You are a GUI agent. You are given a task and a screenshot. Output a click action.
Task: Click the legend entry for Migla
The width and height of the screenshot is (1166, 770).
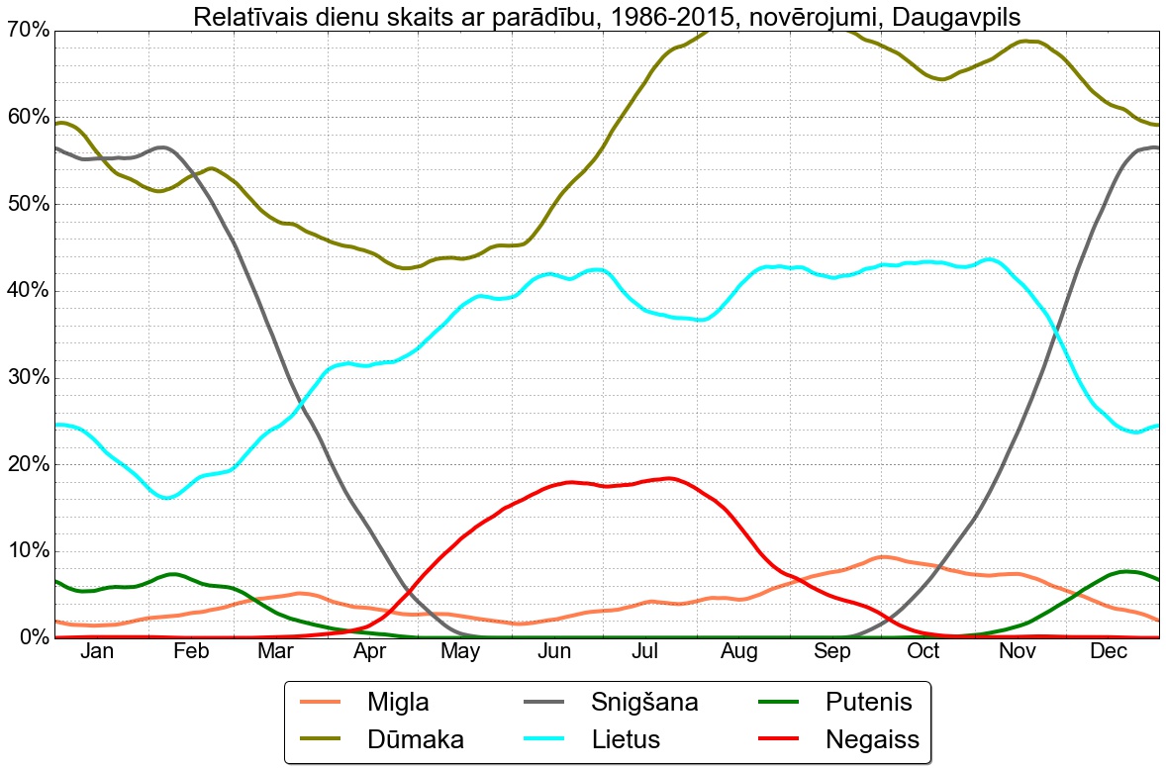[398, 703]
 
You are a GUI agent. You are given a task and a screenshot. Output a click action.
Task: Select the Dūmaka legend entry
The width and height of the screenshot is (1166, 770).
[415, 739]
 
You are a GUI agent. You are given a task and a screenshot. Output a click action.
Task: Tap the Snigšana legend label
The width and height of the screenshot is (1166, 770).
[644, 703]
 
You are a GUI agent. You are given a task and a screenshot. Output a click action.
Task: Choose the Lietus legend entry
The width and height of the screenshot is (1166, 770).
[626, 739]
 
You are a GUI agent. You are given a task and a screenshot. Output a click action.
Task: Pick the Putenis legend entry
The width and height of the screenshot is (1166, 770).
[868, 703]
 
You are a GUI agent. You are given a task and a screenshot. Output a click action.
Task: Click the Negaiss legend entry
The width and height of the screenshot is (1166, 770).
[872, 739]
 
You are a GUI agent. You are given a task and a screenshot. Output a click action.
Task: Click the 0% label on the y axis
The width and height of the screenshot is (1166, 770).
[32, 637]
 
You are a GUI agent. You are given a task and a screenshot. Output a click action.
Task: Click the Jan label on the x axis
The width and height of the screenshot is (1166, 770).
[97, 651]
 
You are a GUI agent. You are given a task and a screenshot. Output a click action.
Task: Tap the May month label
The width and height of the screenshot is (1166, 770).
[461, 651]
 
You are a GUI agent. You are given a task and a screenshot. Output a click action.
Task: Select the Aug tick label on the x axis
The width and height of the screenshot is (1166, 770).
[739, 651]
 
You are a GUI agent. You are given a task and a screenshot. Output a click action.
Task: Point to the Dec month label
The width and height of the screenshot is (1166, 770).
[1109, 651]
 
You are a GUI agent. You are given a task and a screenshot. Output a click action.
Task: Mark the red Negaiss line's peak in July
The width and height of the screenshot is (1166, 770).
[669, 479]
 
